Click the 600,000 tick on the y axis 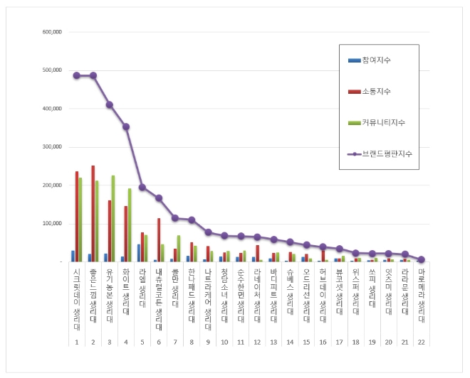[53, 32]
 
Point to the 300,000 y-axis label [53, 147]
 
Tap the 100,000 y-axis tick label [53, 224]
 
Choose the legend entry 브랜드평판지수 [386, 153]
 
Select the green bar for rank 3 [113, 218]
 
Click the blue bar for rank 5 [139, 253]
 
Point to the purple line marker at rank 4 [126, 126]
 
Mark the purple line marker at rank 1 [76, 75]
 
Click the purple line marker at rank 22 [422, 259]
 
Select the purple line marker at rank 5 [142, 187]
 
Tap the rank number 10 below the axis [224, 342]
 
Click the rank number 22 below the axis [422, 342]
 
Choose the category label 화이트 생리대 [126, 291]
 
